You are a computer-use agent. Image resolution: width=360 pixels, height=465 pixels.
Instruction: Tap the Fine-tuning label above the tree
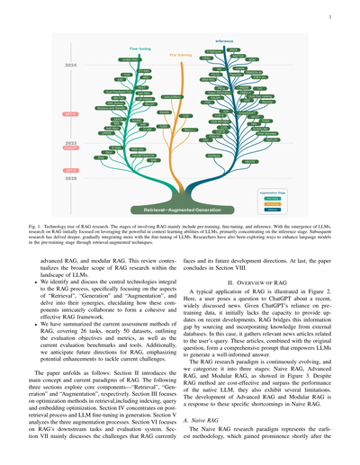click(115, 50)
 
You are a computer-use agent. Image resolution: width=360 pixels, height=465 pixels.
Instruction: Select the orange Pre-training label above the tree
click(159, 56)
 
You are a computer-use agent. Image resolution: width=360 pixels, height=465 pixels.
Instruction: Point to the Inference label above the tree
click(225, 41)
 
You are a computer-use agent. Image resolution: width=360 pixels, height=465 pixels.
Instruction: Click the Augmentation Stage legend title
click(293, 167)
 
